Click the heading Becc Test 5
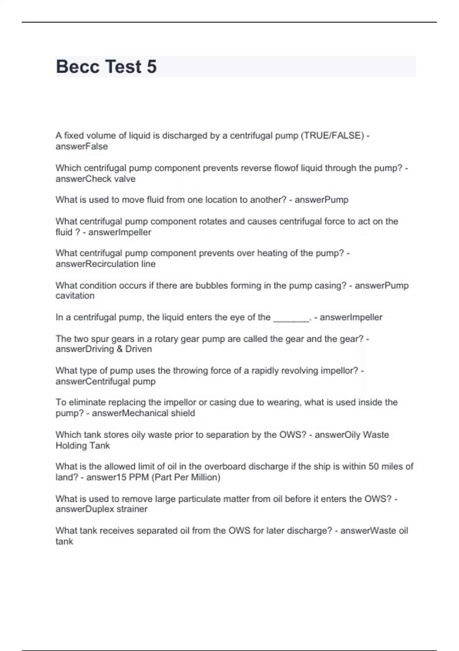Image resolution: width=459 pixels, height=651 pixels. tap(106, 67)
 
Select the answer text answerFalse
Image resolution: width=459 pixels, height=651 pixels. tap(81, 146)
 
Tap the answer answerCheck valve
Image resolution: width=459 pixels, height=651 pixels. tap(95, 179)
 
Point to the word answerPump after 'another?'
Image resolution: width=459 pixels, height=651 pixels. tap(321, 200)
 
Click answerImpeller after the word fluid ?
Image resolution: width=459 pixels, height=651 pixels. tap(120, 232)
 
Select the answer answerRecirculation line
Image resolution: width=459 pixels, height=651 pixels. tap(105, 264)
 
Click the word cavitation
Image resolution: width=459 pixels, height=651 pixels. tap(75, 296)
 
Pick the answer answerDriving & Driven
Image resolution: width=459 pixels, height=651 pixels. tap(104, 349)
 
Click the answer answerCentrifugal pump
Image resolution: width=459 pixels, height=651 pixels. tap(105, 381)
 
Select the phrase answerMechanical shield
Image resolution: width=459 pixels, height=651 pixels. tap(143, 413)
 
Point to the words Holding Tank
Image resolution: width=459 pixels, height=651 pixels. tap(83, 445)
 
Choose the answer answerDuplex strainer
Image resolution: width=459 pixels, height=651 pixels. tap(101, 509)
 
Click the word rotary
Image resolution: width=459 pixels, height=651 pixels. tap(166, 339)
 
